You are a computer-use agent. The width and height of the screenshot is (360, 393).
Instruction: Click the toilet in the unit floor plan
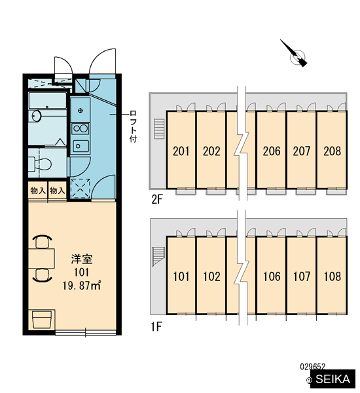(39, 164)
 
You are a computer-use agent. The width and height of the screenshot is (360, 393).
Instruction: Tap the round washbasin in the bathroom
(37, 116)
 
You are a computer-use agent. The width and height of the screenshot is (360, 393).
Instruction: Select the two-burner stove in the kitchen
(80, 128)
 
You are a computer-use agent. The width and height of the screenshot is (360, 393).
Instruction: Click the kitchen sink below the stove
(81, 146)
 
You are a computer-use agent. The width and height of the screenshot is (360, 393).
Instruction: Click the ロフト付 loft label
(133, 126)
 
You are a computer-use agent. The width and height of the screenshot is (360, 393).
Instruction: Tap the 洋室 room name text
(82, 259)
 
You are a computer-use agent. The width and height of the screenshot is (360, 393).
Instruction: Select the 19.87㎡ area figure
(82, 286)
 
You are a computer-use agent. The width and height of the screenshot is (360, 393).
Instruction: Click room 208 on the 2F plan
(332, 151)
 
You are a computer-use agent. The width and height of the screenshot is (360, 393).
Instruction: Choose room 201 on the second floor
(181, 151)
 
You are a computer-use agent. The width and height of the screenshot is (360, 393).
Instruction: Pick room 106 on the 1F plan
(272, 276)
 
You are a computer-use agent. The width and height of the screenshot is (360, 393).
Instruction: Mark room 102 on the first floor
(211, 276)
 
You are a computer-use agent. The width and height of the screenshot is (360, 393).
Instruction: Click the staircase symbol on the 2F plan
(159, 129)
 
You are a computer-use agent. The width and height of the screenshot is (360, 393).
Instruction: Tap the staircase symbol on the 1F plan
(158, 256)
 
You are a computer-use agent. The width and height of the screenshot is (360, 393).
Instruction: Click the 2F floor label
(157, 200)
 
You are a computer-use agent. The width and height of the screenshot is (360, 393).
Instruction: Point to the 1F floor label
(156, 327)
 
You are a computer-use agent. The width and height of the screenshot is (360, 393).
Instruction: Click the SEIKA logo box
(333, 379)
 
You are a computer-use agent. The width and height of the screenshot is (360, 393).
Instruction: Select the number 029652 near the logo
(312, 367)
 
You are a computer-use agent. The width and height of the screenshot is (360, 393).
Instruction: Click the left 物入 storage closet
(38, 191)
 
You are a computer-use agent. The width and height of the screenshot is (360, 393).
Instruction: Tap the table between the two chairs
(41, 259)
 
